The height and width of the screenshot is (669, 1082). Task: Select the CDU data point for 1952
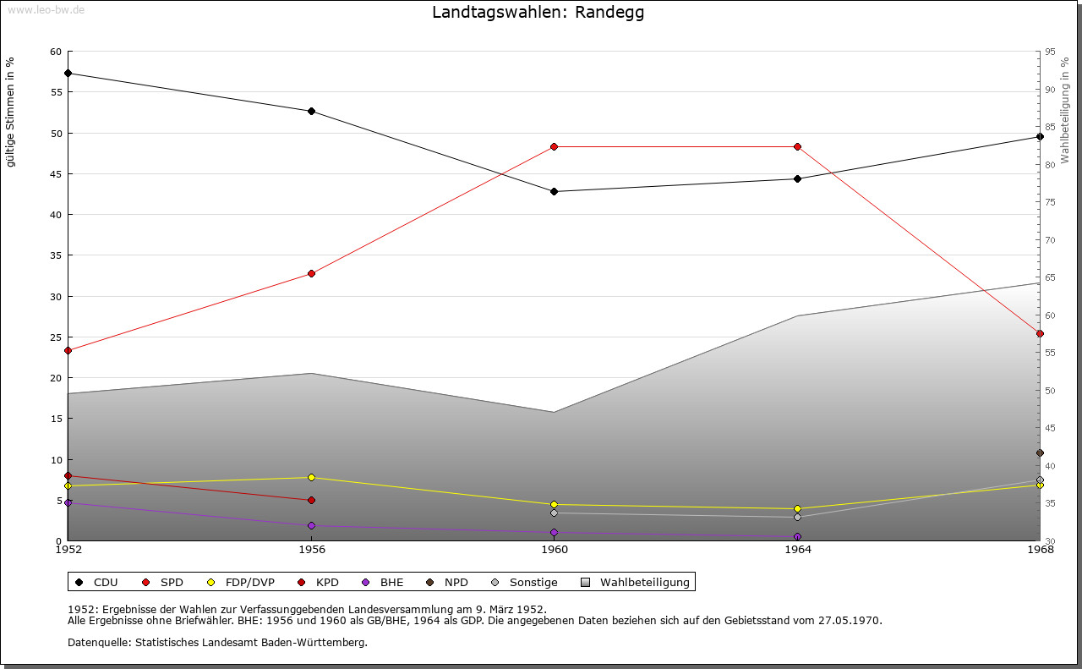click(68, 73)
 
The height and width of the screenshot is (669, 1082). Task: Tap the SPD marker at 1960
click(555, 146)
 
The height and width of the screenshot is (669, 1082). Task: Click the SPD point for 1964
click(797, 146)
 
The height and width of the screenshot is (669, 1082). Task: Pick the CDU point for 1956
click(311, 111)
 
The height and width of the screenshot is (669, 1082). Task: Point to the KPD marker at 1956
click(311, 500)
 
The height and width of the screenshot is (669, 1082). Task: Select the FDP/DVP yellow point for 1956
click(311, 477)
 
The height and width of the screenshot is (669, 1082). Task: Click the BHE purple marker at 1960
click(555, 532)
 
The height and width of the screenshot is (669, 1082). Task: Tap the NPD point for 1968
click(1040, 452)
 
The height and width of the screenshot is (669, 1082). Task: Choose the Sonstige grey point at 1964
click(797, 517)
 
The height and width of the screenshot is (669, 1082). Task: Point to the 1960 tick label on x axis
click(555, 549)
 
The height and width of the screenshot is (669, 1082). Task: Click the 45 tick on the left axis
click(56, 174)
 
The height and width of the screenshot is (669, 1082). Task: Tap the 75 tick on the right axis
click(1050, 202)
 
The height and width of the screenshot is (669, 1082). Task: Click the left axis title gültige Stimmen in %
click(11, 112)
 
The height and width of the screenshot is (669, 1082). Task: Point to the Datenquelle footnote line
click(217, 642)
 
